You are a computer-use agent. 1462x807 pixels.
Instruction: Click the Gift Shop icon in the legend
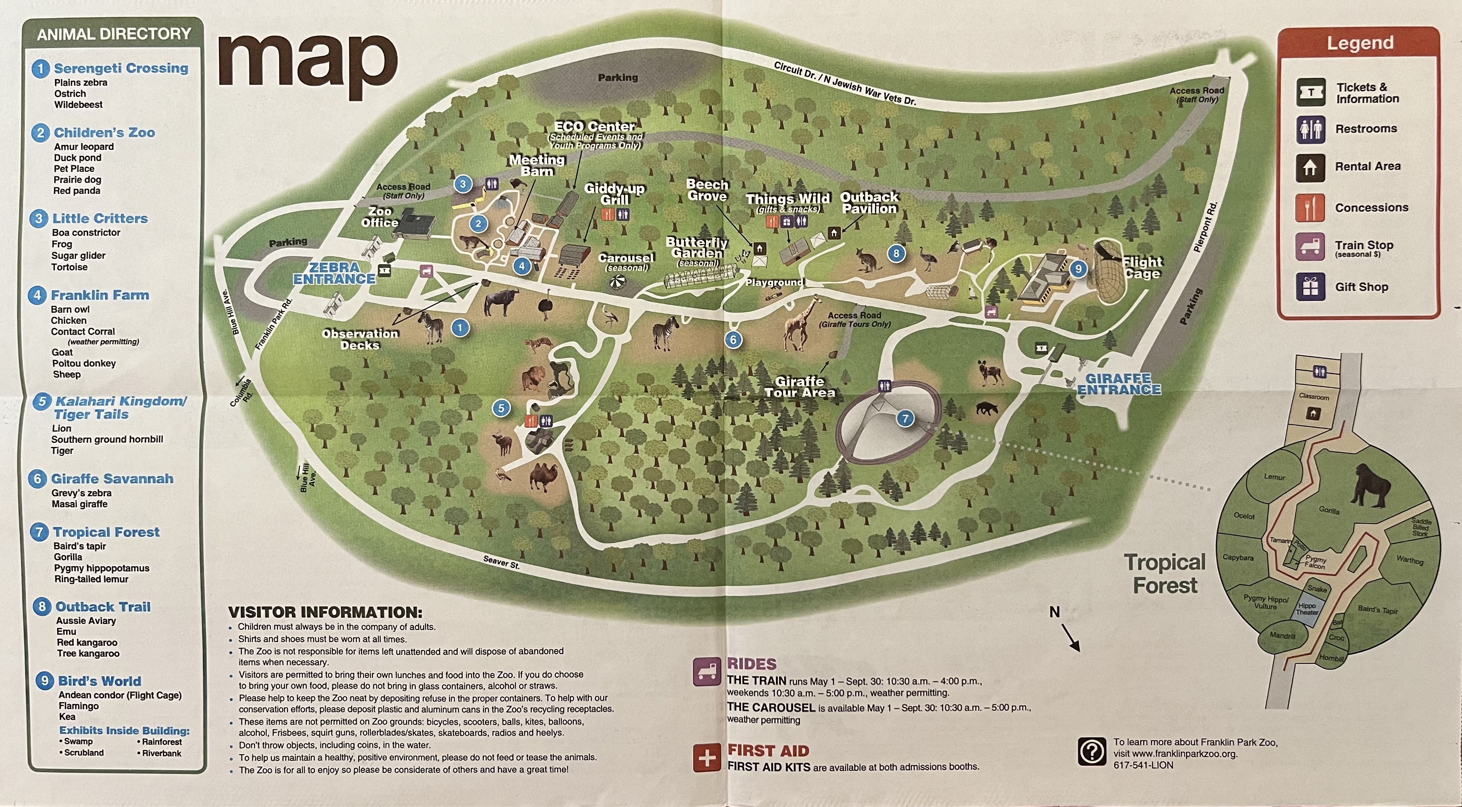point(1310,287)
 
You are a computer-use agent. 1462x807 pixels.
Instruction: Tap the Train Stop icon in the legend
point(1310,247)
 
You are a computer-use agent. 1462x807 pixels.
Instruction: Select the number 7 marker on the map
point(905,419)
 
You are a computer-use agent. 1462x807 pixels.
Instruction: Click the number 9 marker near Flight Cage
point(1078,269)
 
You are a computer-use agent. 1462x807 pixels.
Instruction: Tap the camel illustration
point(543,476)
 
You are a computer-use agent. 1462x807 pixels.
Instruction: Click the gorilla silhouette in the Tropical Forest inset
point(1372,485)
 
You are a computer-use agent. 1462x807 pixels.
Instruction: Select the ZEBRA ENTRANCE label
point(334,273)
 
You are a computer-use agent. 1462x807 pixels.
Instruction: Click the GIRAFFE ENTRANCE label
point(1119,384)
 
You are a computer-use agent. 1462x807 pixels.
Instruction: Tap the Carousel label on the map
point(626,258)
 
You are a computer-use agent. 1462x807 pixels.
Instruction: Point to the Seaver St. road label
point(501,562)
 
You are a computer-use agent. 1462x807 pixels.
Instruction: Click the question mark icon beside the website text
point(1091,752)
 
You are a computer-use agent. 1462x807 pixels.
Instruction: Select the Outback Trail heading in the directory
point(103,607)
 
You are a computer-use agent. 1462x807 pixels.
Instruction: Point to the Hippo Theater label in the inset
point(1307,609)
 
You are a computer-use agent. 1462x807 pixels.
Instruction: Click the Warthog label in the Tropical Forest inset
point(1409,560)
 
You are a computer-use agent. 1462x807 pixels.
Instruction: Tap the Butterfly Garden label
point(696,248)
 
